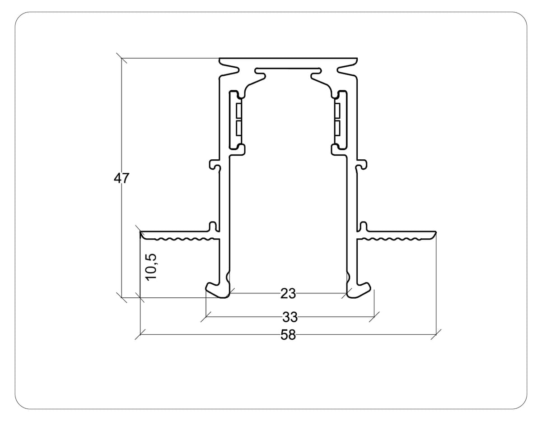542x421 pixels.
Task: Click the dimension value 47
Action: click(121, 178)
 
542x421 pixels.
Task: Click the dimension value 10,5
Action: click(151, 267)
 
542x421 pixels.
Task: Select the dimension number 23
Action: click(288, 294)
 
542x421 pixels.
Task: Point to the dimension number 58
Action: click(288, 335)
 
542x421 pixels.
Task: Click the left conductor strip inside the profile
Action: click(238, 120)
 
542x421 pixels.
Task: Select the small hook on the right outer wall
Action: click(361, 165)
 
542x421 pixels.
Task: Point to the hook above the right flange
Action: click(363, 226)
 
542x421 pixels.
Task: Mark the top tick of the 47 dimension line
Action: click(121, 58)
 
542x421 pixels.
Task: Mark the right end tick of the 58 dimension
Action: click(436, 334)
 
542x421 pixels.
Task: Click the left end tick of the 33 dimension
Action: click(206, 317)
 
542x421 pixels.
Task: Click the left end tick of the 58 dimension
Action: click(140, 334)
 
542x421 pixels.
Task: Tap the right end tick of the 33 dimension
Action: click(374, 317)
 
